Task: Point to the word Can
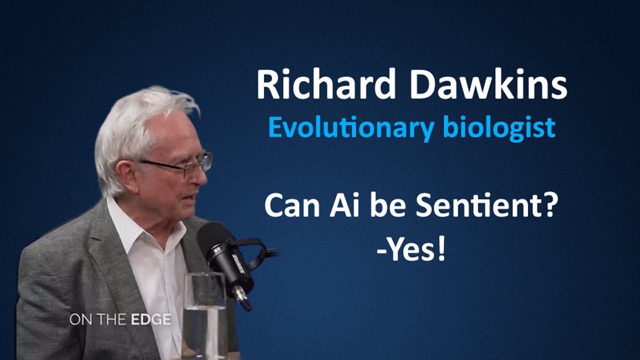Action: pos(287,206)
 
